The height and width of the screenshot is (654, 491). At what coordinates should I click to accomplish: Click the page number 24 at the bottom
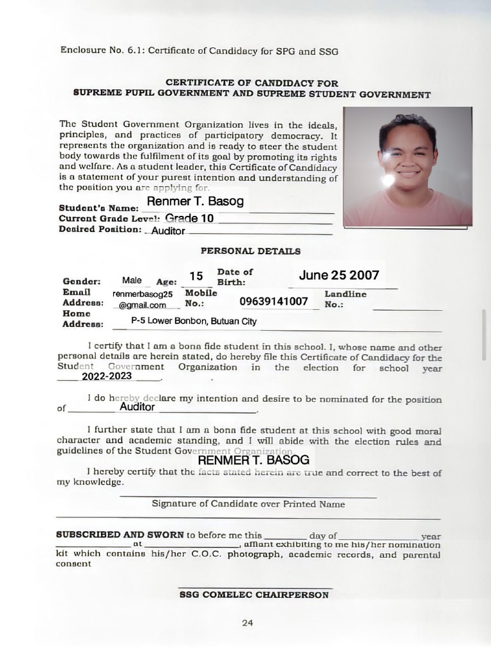pos(247,623)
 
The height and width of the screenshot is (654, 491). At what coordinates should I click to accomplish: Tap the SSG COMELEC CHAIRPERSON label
pos(254,595)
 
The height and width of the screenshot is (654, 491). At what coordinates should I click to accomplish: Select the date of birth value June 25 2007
pos(339,275)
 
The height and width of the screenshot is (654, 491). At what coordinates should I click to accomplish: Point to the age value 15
pos(196,276)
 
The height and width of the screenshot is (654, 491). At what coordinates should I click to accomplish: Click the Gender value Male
pos(132,280)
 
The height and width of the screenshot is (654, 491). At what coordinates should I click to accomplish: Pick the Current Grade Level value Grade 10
pos(189,218)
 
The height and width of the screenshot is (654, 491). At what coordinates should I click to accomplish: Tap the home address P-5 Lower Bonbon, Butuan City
pos(194,321)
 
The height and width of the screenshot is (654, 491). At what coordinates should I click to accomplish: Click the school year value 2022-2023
pos(107,376)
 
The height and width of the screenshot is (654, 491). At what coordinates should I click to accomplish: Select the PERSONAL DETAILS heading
pos(251,252)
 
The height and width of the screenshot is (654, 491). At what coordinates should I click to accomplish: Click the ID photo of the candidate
pos(407,167)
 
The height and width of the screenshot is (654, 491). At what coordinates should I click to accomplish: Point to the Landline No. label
pos(345,299)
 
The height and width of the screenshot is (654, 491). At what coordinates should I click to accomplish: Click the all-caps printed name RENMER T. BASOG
pos(253,460)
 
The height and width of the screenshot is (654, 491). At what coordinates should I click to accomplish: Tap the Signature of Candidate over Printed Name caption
pos(248,504)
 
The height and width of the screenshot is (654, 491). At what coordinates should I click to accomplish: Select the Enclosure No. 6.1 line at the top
pos(199,50)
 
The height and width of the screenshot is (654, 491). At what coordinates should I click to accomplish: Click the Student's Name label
pos(98,208)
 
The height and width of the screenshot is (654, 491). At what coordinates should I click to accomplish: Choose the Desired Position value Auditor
pos(168,231)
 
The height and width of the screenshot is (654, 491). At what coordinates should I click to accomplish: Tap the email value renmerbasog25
pos(143,294)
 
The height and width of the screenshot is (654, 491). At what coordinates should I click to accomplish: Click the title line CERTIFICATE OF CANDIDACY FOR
pos(252,83)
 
